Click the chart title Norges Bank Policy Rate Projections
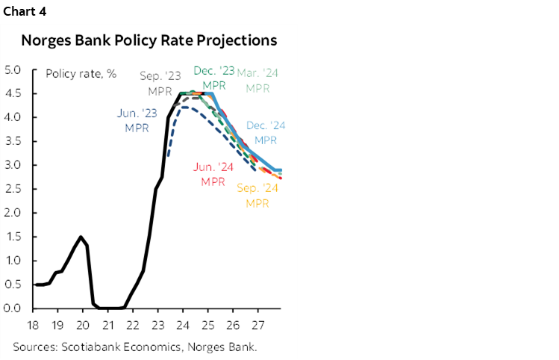coord(149,40)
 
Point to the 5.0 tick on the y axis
coord(13,70)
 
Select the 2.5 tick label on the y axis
coord(13,189)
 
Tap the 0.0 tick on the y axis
coord(13,308)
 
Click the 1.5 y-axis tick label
coord(13,237)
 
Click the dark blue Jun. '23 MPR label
coord(137,120)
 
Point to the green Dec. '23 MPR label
coord(213,78)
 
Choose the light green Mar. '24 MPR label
coord(257,80)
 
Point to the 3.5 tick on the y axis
coord(13,141)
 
